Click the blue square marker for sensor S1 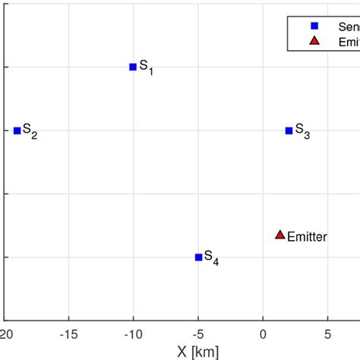pos(133,67)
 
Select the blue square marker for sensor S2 pos(17,131)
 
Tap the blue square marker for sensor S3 pos(289,131)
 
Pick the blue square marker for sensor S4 pos(199,257)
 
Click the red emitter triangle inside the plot pos(279,235)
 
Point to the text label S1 pos(146,68)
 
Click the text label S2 pos(30,131)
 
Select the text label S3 pos(302,131)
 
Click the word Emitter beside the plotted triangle pos(307,237)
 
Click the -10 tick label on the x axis pos(133,333)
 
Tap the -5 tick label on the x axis pos(197,333)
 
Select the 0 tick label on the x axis pos(263,333)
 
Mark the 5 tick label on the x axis pos(327,333)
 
